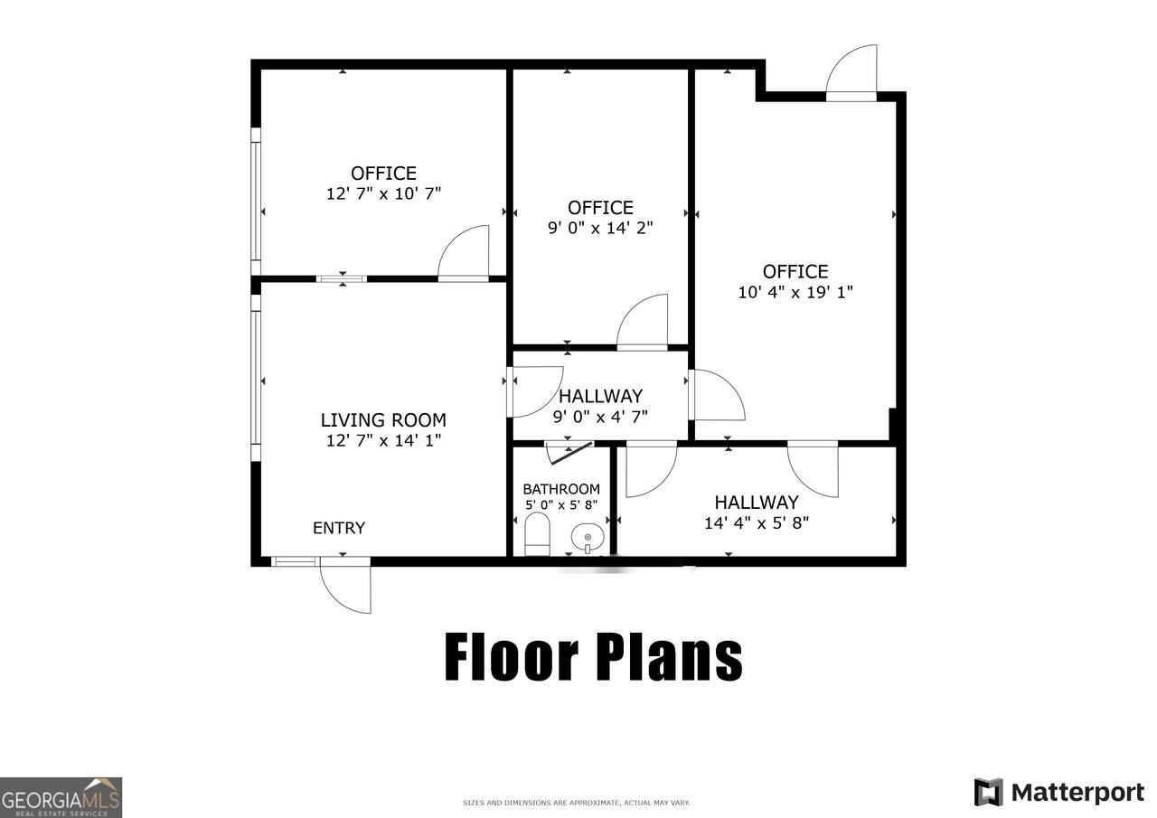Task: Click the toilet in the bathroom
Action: (537, 533)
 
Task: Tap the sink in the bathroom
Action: (588, 538)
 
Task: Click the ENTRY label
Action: (339, 528)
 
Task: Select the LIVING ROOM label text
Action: (383, 419)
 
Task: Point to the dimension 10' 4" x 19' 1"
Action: (795, 292)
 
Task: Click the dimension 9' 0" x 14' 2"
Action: (600, 228)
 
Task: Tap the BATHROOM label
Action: (561, 488)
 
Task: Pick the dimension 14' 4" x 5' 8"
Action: (757, 523)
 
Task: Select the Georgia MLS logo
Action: (61, 797)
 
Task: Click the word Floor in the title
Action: (512, 656)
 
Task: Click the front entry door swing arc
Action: (335, 599)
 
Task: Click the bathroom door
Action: (569, 452)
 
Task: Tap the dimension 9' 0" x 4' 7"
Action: (600, 416)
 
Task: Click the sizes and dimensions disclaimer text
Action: (577, 803)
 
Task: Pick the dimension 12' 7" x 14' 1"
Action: (383, 440)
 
